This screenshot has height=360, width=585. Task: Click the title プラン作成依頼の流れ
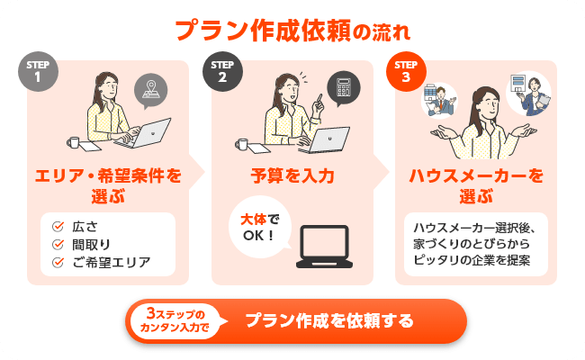[x=292, y=31]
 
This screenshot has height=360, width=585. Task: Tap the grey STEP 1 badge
[x=37, y=73]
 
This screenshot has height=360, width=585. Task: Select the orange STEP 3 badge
[x=406, y=73]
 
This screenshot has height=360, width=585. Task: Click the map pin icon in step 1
[x=150, y=90]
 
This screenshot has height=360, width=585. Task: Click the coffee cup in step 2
[x=241, y=142]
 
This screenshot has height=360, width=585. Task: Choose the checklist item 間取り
[x=90, y=244]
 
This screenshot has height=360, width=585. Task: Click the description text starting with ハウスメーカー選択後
[x=476, y=243]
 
